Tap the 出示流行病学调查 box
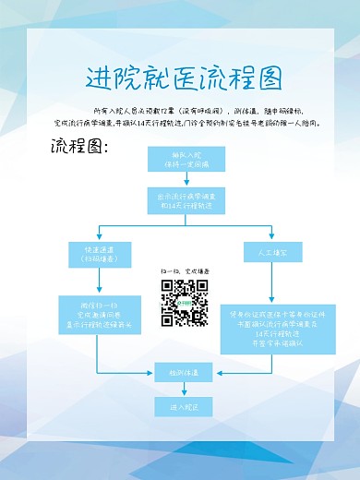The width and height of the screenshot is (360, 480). tap(181, 201)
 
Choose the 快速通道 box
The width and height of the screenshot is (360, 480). tap(96, 255)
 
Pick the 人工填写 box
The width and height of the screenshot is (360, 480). tap(266, 251)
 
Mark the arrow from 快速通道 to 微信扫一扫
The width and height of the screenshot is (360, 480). tap(96, 282)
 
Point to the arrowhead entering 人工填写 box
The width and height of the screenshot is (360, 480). tap(266, 238)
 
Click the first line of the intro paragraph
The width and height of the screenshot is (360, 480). tap(180, 110)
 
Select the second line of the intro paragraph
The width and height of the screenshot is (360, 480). tap(180, 123)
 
